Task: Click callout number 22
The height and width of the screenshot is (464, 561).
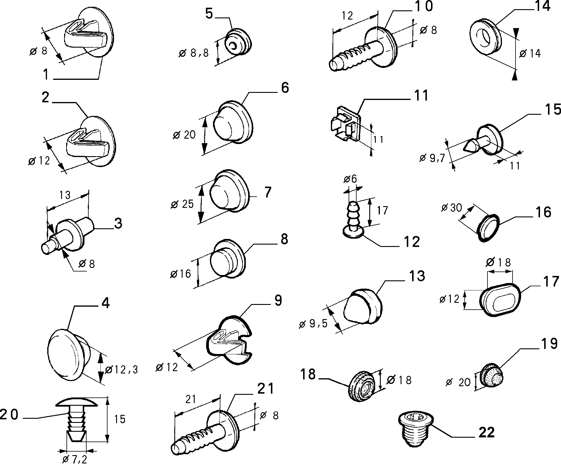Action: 486,433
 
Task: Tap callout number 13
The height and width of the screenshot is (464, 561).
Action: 417,276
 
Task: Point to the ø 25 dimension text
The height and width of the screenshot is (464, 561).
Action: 182,204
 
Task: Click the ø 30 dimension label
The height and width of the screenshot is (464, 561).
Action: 451,208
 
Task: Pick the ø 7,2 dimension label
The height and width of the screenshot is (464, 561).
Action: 75,459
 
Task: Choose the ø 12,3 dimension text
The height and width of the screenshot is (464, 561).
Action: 121,369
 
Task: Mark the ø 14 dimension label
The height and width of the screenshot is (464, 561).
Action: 530,54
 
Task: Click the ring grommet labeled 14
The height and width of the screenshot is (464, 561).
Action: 485,37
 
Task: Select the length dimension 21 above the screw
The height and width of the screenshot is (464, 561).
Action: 191,399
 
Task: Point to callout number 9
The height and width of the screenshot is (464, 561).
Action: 278,300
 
